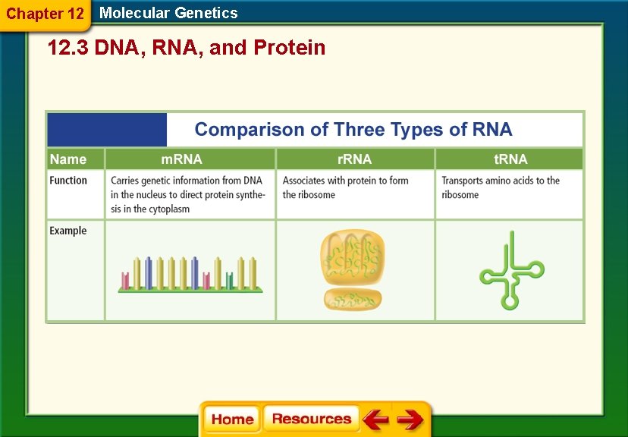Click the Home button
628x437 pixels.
(232, 420)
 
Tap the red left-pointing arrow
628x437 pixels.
(375, 420)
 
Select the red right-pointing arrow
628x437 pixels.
(410, 420)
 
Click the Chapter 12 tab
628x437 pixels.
(45, 14)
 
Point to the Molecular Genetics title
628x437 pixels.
(168, 13)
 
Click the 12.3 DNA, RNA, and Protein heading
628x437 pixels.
(187, 48)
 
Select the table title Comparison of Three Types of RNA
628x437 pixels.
(353, 130)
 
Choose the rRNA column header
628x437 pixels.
(354, 159)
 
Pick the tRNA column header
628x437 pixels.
(510, 159)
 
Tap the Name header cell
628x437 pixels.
(68, 159)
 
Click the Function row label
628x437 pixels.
(68, 181)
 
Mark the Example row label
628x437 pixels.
(68, 231)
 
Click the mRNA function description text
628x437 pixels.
(188, 194)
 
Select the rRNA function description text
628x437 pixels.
(345, 187)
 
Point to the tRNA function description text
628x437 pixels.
(501, 187)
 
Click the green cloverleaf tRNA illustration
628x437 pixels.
(510, 271)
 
